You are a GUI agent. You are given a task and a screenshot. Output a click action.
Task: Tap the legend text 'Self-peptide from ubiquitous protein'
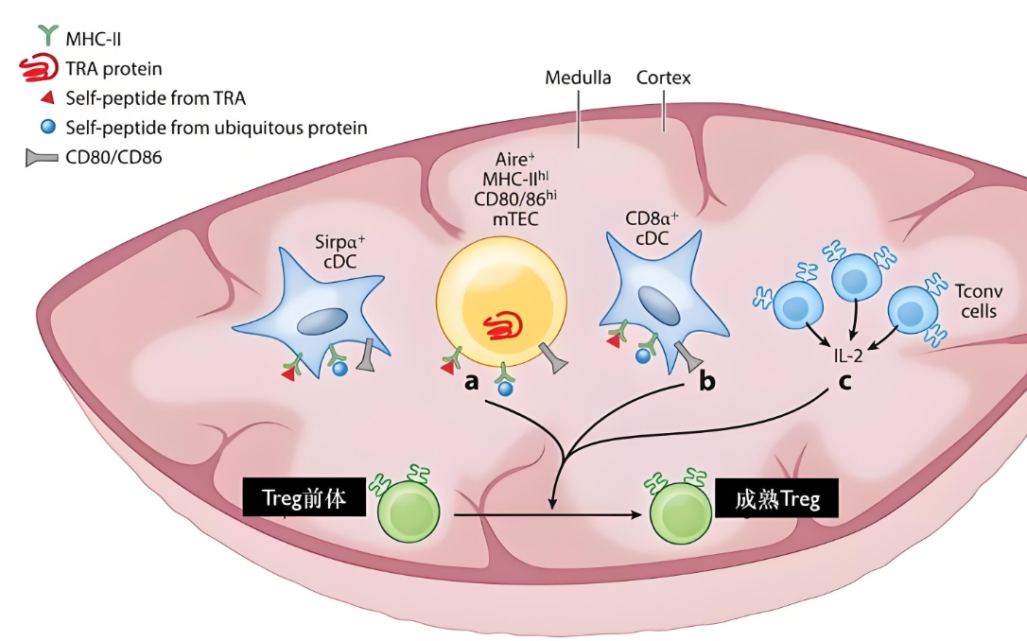[217, 127]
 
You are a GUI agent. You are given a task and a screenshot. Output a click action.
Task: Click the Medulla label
[578, 78]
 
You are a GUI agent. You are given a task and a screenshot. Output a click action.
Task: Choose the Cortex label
[664, 78]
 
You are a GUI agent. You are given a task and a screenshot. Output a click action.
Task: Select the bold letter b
[706, 383]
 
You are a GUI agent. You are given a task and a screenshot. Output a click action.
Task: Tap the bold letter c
[844, 383]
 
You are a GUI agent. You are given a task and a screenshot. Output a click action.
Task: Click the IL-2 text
[848, 355]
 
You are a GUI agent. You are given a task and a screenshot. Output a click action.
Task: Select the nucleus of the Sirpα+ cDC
[322, 322]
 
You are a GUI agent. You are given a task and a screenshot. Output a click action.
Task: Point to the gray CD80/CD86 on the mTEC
[552, 356]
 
